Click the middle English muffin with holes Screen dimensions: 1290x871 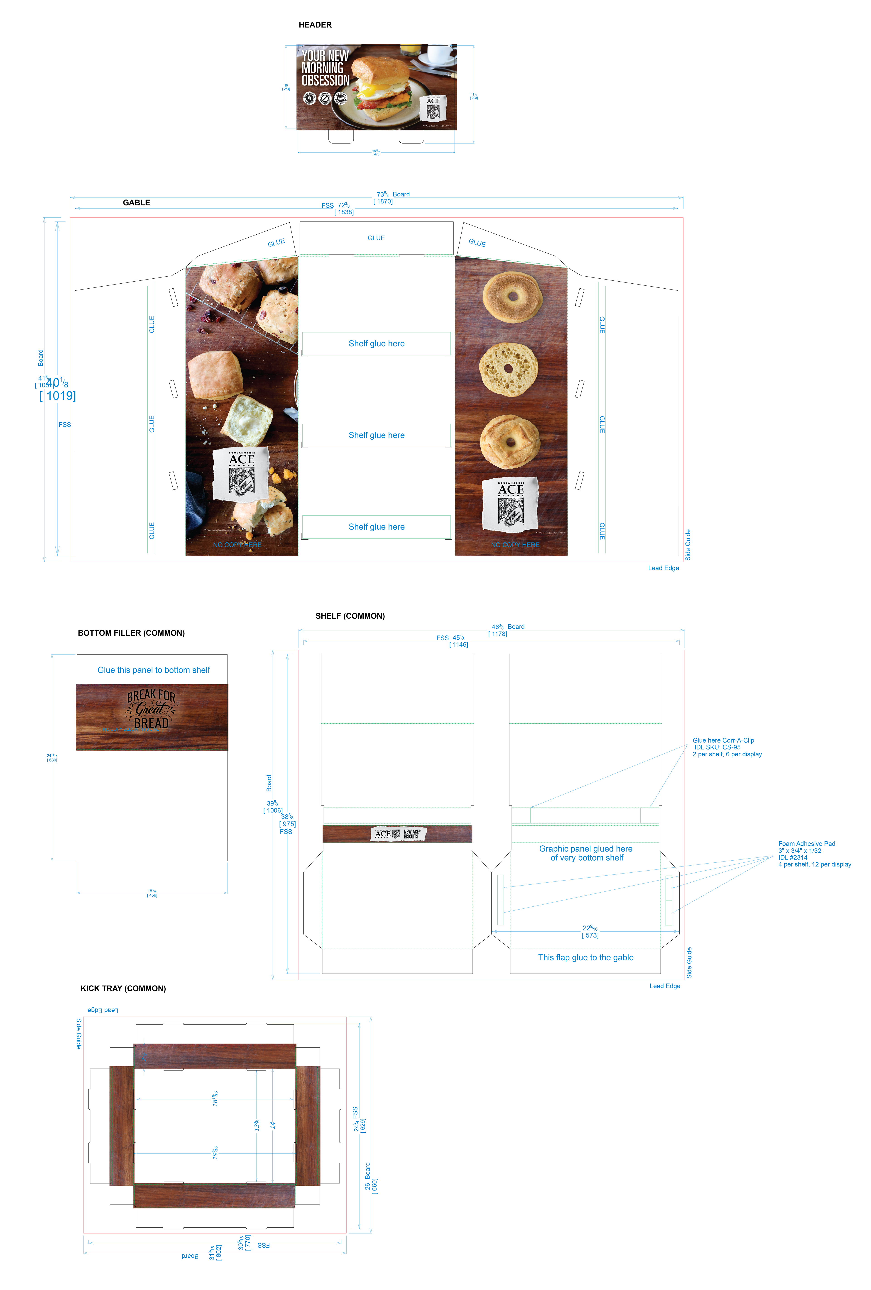coord(508,369)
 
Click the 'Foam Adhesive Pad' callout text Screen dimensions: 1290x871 coord(807,844)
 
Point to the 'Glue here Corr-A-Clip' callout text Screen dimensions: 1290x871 coord(723,740)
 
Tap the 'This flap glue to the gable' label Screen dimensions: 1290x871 coord(585,957)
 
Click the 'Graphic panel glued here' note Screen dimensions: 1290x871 coord(585,853)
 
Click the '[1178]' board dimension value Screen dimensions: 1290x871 coord(498,634)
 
